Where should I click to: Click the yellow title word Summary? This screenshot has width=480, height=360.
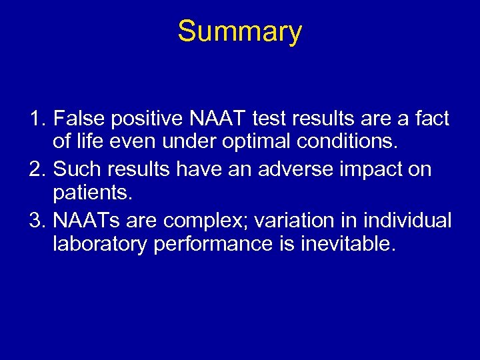(x=239, y=31)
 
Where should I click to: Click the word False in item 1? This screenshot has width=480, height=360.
(x=75, y=119)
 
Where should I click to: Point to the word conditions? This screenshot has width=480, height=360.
(x=323, y=145)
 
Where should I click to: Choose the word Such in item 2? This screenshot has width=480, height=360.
(x=75, y=169)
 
